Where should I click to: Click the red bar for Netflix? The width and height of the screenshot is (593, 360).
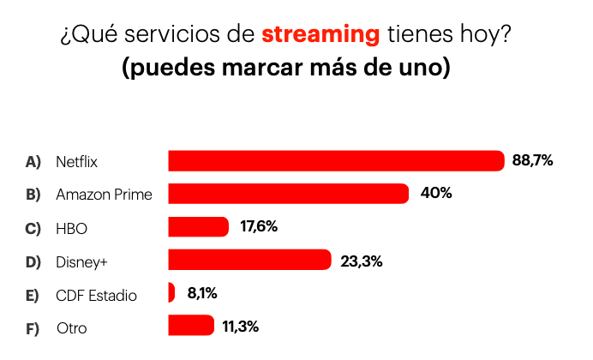335,161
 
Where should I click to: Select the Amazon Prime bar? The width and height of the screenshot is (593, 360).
288,194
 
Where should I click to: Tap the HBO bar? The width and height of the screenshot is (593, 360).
198,227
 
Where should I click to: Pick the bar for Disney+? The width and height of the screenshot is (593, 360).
249,260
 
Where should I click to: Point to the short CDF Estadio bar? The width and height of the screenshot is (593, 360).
171,293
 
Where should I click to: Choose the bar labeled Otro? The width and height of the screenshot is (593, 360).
190,326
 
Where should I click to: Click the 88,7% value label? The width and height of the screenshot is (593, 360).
532,160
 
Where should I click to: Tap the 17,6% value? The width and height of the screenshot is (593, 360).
258,226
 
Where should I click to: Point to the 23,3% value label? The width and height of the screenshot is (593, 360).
361,261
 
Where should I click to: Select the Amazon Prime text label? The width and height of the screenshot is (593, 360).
104,195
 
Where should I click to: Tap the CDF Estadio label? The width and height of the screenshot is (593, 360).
96,295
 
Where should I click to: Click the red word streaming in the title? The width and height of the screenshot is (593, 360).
321,35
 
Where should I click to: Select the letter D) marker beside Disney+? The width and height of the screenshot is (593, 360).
33,261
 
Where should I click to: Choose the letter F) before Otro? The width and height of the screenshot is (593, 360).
33,328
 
